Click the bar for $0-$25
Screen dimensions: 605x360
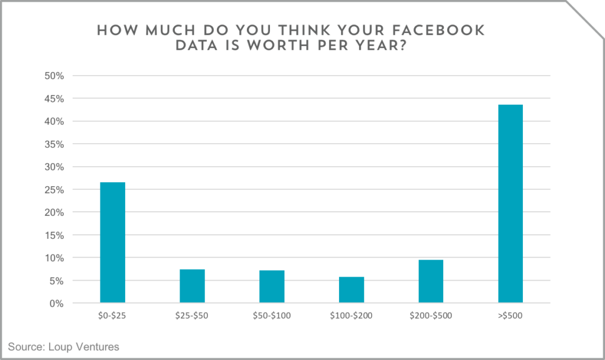click(x=113, y=242)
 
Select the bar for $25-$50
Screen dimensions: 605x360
click(x=192, y=286)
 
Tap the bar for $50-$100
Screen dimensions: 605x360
click(x=272, y=286)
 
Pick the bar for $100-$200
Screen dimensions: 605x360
click(x=352, y=290)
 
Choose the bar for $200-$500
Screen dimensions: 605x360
click(x=431, y=281)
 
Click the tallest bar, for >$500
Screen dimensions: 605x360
click(x=510, y=204)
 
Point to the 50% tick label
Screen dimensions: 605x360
click(x=54, y=76)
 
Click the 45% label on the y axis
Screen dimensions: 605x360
click(x=54, y=99)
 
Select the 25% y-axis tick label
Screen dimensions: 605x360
click(x=54, y=190)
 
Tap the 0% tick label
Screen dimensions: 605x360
click(x=57, y=304)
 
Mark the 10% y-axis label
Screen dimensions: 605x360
click(x=54, y=258)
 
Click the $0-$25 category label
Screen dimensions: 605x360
click(x=112, y=316)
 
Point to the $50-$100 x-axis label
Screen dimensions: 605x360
click(x=272, y=316)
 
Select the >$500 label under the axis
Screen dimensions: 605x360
click(x=510, y=316)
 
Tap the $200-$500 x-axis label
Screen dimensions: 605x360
click(x=431, y=316)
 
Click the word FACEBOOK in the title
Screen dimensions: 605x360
click(x=438, y=31)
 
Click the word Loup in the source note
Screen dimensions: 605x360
click(x=59, y=347)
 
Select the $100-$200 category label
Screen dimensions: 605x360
click(x=351, y=316)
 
